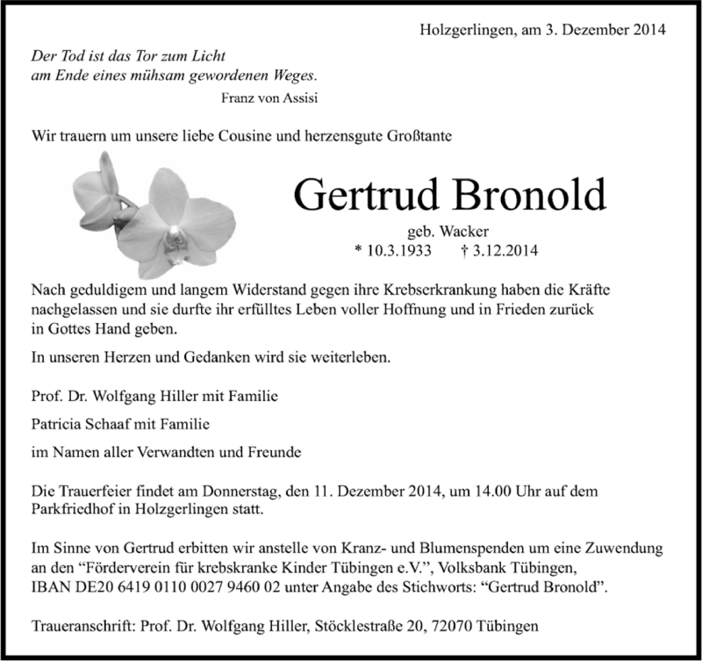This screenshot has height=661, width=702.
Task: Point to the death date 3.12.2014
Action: click(498, 251)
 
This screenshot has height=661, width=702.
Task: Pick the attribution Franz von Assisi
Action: click(270, 97)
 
